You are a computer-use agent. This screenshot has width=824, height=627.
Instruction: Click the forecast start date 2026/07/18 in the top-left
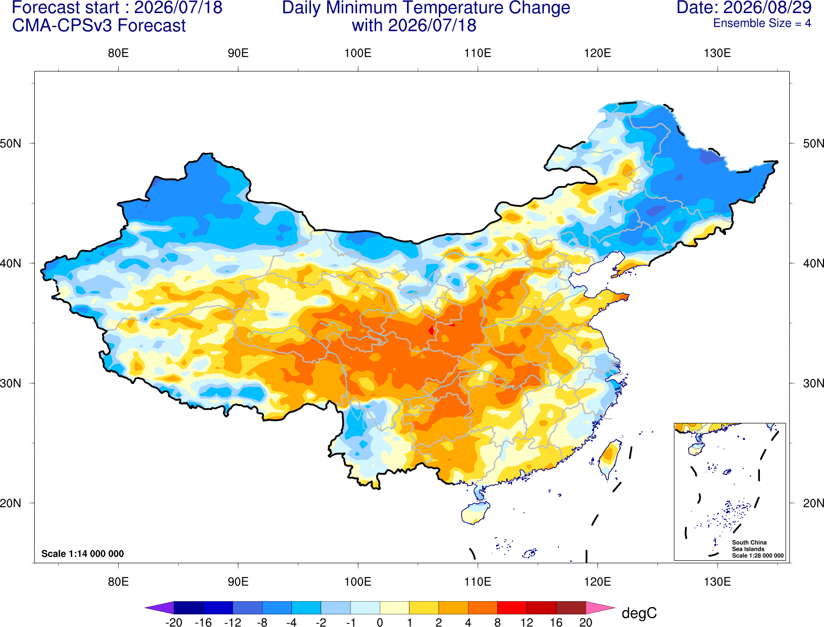pyautogui.click(x=178, y=8)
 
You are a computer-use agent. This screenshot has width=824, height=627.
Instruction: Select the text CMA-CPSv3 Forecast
pyautogui.click(x=99, y=26)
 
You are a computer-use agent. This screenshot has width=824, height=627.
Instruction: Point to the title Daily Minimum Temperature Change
pyautogui.click(x=426, y=8)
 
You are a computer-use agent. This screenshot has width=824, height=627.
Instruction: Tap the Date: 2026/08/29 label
pyautogui.click(x=744, y=8)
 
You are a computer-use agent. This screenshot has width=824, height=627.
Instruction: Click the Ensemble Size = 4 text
pyautogui.click(x=762, y=23)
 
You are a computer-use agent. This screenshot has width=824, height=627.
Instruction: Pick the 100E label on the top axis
pyautogui.click(x=358, y=53)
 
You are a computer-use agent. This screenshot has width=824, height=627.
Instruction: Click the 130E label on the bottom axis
pyautogui.click(x=717, y=582)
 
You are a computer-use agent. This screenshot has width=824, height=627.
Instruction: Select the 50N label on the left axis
pyautogui.click(x=11, y=143)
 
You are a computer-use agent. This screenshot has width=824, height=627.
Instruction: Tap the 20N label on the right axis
pyautogui.click(x=813, y=503)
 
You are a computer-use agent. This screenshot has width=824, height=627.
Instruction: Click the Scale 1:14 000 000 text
pyautogui.click(x=83, y=553)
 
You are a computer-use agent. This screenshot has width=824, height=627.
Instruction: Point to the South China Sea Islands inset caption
pyautogui.click(x=757, y=549)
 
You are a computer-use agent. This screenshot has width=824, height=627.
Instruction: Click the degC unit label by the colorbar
pyautogui.click(x=639, y=613)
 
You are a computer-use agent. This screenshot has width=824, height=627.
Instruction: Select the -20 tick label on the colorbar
pyautogui.click(x=174, y=622)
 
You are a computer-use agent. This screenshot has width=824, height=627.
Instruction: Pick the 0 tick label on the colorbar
pyautogui.click(x=380, y=622)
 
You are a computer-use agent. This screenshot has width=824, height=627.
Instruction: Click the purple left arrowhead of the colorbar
pyautogui.click(x=159, y=607)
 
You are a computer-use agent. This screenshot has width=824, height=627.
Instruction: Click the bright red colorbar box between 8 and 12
pyautogui.click(x=512, y=607)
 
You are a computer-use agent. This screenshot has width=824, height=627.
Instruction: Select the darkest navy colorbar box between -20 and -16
pyautogui.click(x=188, y=607)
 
